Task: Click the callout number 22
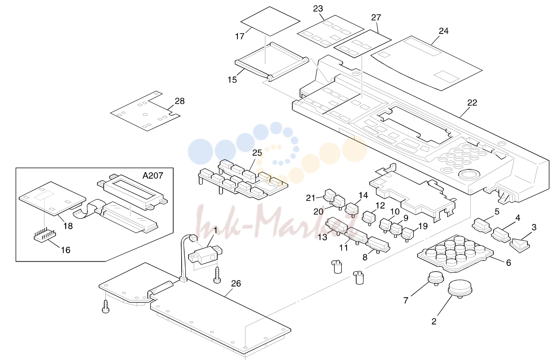point(472,103)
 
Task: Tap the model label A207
point(153,176)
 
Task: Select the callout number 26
point(236,283)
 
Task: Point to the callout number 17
point(240,36)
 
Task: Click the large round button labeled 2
point(460,289)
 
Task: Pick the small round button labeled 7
point(436,278)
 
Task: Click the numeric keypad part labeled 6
point(455,253)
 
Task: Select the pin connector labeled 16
point(45,234)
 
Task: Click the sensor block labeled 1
point(206,254)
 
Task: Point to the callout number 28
point(180,101)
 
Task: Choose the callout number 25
point(257,153)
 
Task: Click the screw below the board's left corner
point(105,306)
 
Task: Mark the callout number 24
point(444,31)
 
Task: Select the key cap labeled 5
point(481,225)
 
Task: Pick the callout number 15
point(232,80)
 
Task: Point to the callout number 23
point(318,9)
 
